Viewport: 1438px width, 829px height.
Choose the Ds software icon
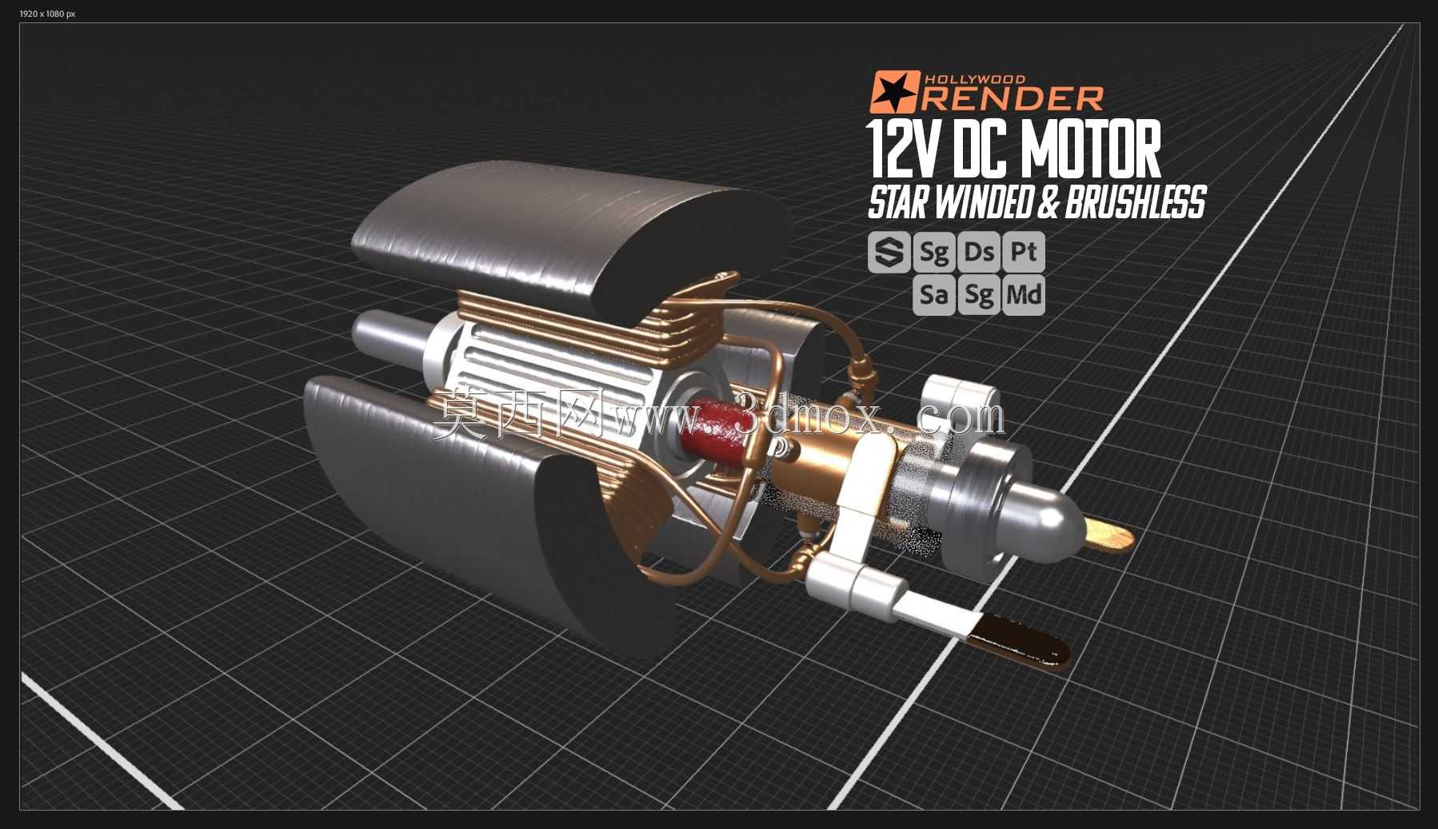coord(979,253)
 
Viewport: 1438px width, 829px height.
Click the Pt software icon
coord(1024,253)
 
